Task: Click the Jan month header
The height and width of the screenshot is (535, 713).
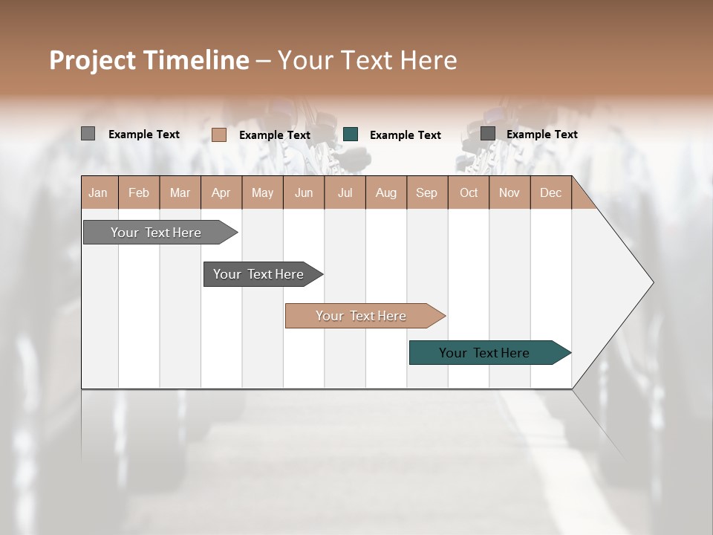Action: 98,192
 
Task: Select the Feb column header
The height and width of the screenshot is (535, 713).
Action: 139,192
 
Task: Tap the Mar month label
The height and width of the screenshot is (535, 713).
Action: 180,192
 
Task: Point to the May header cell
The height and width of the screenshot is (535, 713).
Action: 262,192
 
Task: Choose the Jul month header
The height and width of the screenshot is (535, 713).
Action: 345,192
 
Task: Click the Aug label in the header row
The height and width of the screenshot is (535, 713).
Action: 386,192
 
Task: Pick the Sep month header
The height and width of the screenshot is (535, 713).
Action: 427,192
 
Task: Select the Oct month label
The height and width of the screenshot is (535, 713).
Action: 469,192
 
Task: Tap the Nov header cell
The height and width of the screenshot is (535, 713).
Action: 509,192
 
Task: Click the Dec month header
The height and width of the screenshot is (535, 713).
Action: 551,192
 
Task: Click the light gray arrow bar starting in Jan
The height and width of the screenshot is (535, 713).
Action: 156,233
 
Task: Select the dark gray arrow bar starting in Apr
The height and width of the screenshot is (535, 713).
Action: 258,274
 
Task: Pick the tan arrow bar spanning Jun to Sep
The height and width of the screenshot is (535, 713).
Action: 361,316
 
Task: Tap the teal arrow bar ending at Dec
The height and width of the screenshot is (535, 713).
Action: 484,353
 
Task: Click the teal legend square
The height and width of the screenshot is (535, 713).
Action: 351,134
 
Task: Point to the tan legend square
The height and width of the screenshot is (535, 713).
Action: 219,134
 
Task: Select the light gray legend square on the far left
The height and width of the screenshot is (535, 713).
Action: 88,134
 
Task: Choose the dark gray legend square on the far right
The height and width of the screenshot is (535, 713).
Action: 488,133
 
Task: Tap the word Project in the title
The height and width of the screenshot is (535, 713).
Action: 93,60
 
